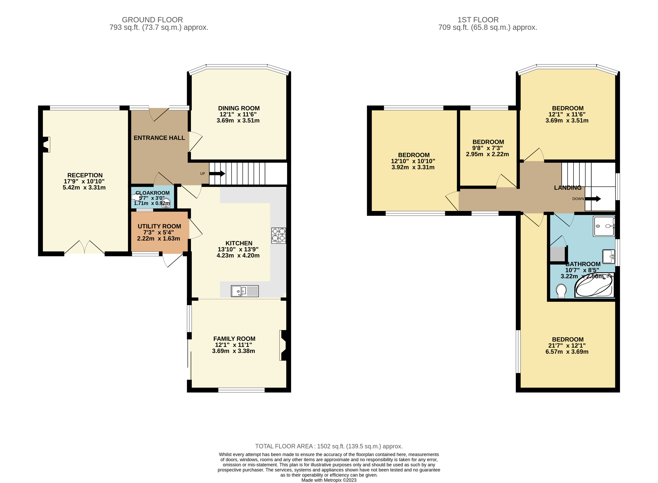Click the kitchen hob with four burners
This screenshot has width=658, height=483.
[x=278, y=236]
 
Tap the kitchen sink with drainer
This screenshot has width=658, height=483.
[x=245, y=291]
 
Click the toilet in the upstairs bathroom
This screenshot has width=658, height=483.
[x=561, y=291]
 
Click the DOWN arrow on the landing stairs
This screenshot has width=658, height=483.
[x=593, y=199]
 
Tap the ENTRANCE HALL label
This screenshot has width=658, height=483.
[x=159, y=138]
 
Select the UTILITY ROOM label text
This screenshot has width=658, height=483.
[x=159, y=226]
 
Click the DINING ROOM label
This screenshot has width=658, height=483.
[x=239, y=108]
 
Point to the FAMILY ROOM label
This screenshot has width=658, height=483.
[x=234, y=339]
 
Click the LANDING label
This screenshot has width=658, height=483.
[x=568, y=188]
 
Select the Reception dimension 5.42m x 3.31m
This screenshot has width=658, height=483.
[x=84, y=187]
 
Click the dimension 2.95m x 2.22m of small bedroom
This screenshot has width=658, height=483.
[x=487, y=154]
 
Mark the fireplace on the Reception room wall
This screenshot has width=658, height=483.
[x=46, y=144]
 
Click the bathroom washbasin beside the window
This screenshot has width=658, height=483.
[x=609, y=256]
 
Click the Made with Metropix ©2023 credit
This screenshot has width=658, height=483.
[x=329, y=480]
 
